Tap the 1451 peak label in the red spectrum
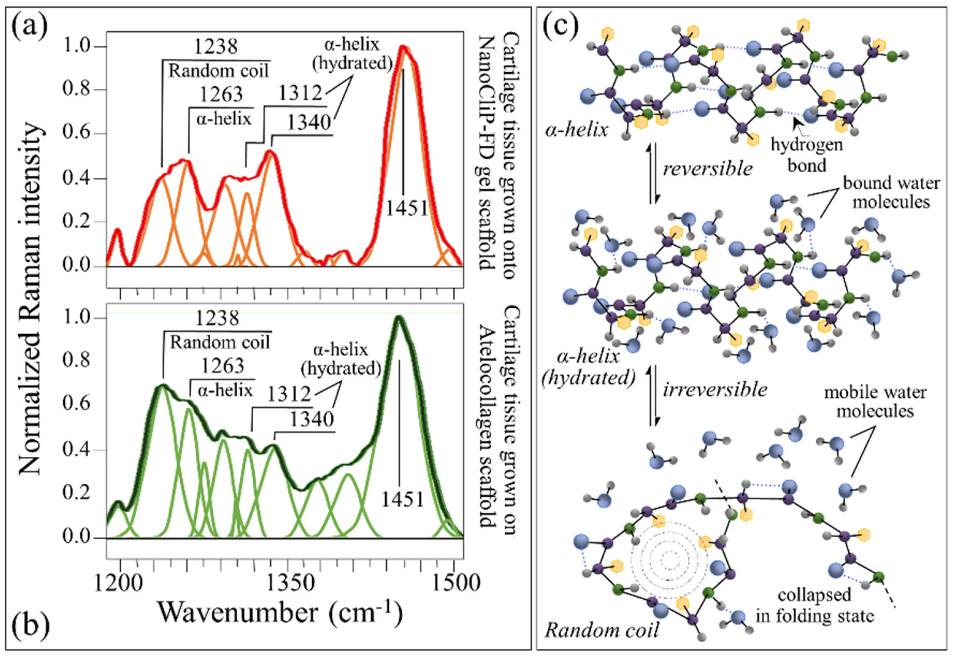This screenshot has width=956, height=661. coord(407,208)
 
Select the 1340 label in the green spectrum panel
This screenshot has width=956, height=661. coord(311,419)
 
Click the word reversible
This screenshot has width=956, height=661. coord(708,169)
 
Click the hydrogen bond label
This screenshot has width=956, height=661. coord(807,155)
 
